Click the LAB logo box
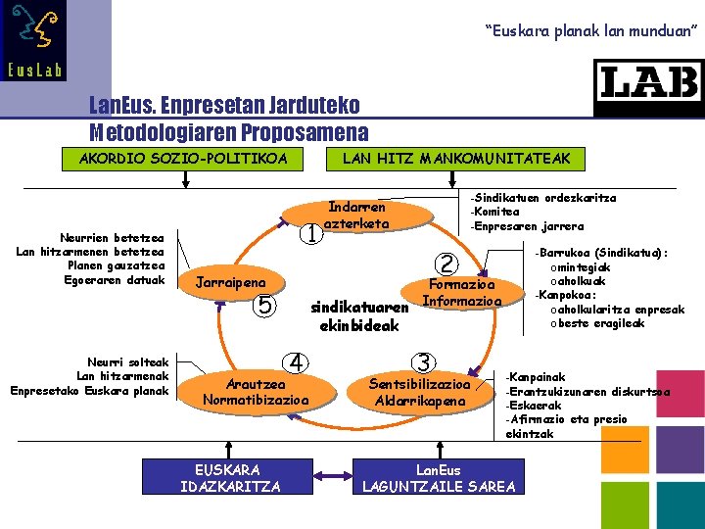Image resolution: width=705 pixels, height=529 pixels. tap(648, 87)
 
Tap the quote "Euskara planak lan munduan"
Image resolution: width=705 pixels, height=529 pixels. tap(591, 32)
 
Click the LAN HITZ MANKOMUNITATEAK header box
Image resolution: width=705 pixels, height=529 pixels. tap(455, 158)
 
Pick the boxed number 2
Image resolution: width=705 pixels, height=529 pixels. tap(446, 264)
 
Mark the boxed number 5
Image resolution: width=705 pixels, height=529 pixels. tap(263, 306)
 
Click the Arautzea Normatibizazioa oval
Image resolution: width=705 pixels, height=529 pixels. tap(255, 392)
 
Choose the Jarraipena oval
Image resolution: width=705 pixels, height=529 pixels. tap(231, 282)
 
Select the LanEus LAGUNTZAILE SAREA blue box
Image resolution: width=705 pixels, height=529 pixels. tap(439, 477)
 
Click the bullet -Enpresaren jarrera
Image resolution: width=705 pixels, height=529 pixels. tap(527, 226)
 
